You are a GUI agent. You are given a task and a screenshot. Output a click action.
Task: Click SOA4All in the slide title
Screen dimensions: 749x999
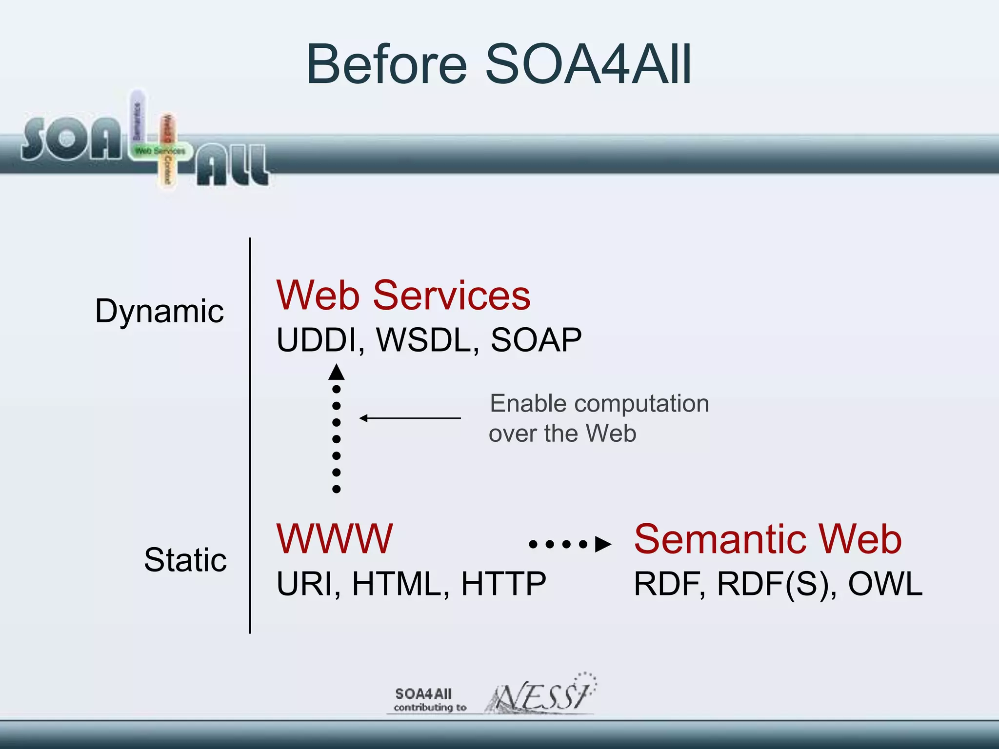(588, 65)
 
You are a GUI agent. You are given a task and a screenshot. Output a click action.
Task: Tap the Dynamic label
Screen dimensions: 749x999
(160, 311)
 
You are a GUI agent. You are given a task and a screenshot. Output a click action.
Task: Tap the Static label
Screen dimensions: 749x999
(185, 560)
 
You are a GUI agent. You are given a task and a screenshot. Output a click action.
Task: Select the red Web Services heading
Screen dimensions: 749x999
(403, 296)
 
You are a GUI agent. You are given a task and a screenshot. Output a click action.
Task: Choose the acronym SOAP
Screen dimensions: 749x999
(536, 340)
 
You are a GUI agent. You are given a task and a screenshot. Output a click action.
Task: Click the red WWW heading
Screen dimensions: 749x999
(335, 539)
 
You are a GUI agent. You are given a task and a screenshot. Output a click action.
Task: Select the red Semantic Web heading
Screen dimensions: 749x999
(768, 539)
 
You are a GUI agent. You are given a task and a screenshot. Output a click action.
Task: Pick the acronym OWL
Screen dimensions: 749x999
(885, 584)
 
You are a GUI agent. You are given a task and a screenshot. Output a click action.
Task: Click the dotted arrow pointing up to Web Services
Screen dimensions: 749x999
(336, 429)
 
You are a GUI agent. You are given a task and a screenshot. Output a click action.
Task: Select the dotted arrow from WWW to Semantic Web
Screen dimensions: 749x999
(570, 544)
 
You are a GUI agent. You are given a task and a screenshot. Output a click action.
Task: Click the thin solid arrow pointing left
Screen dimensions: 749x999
(410, 418)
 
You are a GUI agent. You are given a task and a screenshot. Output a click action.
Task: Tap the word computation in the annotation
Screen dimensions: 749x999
(641, 404)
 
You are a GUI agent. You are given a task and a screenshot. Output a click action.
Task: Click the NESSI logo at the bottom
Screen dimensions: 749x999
(541, 695)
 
